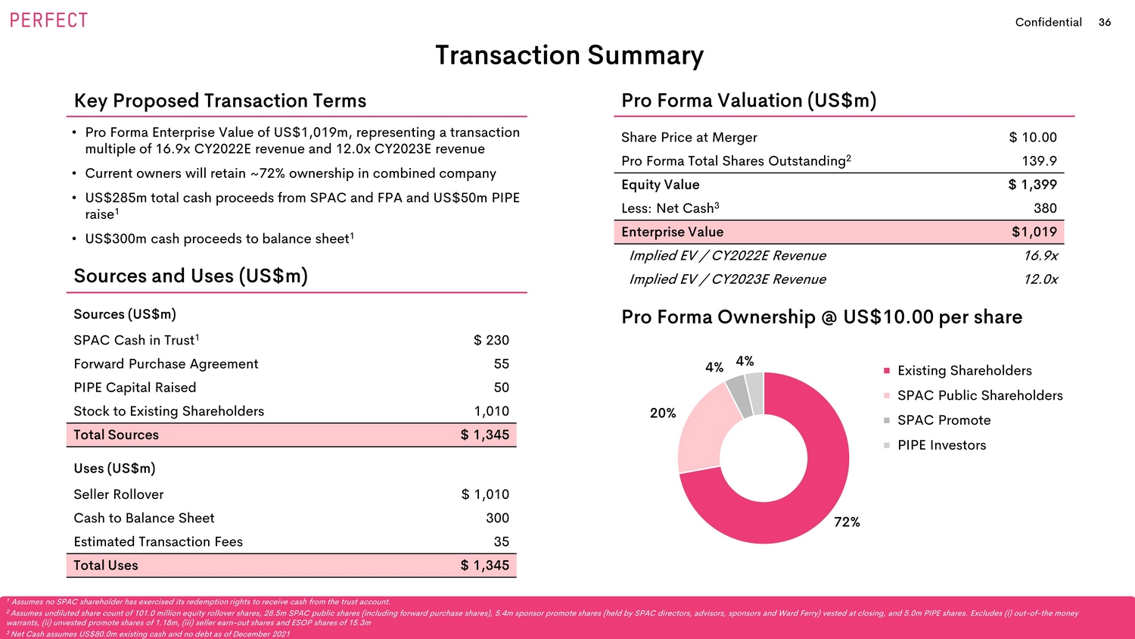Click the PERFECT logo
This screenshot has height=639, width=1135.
point(49,20)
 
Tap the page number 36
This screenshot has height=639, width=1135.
point(1105,23)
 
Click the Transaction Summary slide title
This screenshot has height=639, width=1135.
point(569,55)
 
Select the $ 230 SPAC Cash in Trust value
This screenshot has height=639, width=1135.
point(491,341)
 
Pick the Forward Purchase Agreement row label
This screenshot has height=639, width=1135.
point(166,364)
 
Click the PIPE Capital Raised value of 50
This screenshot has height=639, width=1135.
point(501,388)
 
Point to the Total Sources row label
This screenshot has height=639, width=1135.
point(116,435)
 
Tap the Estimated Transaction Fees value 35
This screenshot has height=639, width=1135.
point(501,542)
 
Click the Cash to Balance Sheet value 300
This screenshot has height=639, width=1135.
point(497,519)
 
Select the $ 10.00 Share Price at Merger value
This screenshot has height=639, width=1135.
point(1033,138)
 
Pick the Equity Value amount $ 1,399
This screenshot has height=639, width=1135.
point(1032,185)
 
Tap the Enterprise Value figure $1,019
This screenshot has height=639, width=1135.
point(1034,232)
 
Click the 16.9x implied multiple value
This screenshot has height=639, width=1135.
point(1040,256)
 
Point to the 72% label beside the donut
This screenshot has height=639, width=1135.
point(847,522)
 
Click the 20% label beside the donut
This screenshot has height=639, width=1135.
point(663,413)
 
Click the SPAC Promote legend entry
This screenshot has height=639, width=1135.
point(944,420)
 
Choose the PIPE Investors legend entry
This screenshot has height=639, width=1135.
point(941,445)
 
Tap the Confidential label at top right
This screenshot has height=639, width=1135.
point(1048,23)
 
